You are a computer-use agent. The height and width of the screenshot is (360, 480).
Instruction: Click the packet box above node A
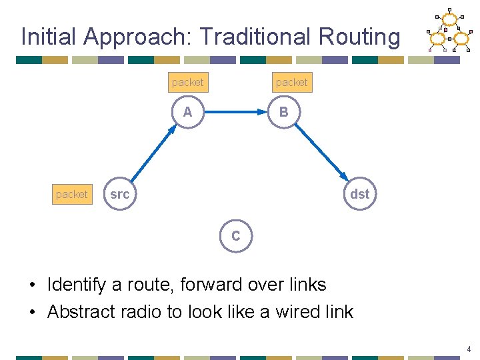[x=188, y=83]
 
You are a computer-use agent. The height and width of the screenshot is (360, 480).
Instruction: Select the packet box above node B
[x=293, y=83]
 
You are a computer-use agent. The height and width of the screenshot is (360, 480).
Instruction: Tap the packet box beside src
[x=72, y=195]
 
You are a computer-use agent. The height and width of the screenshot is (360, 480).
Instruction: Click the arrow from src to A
[x=154, y=153]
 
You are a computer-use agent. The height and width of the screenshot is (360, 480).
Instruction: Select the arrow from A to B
[x=236, y=112]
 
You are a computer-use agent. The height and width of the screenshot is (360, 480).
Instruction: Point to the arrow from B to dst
[x=322, y=153]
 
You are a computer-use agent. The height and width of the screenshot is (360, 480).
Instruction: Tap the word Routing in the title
[x=359, y=37]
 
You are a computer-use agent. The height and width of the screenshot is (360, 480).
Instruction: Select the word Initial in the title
[x=49, y=37]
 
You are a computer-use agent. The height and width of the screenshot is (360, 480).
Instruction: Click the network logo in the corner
[x=449, y=30]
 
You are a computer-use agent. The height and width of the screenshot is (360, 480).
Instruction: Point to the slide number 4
[x=469, y=349]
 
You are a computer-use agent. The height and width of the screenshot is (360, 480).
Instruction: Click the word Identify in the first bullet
[x=77, y=285]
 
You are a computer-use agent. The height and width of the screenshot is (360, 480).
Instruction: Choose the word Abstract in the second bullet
[x=81, y=311]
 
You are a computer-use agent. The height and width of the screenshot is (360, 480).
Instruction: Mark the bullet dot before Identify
[x=33, y=285]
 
